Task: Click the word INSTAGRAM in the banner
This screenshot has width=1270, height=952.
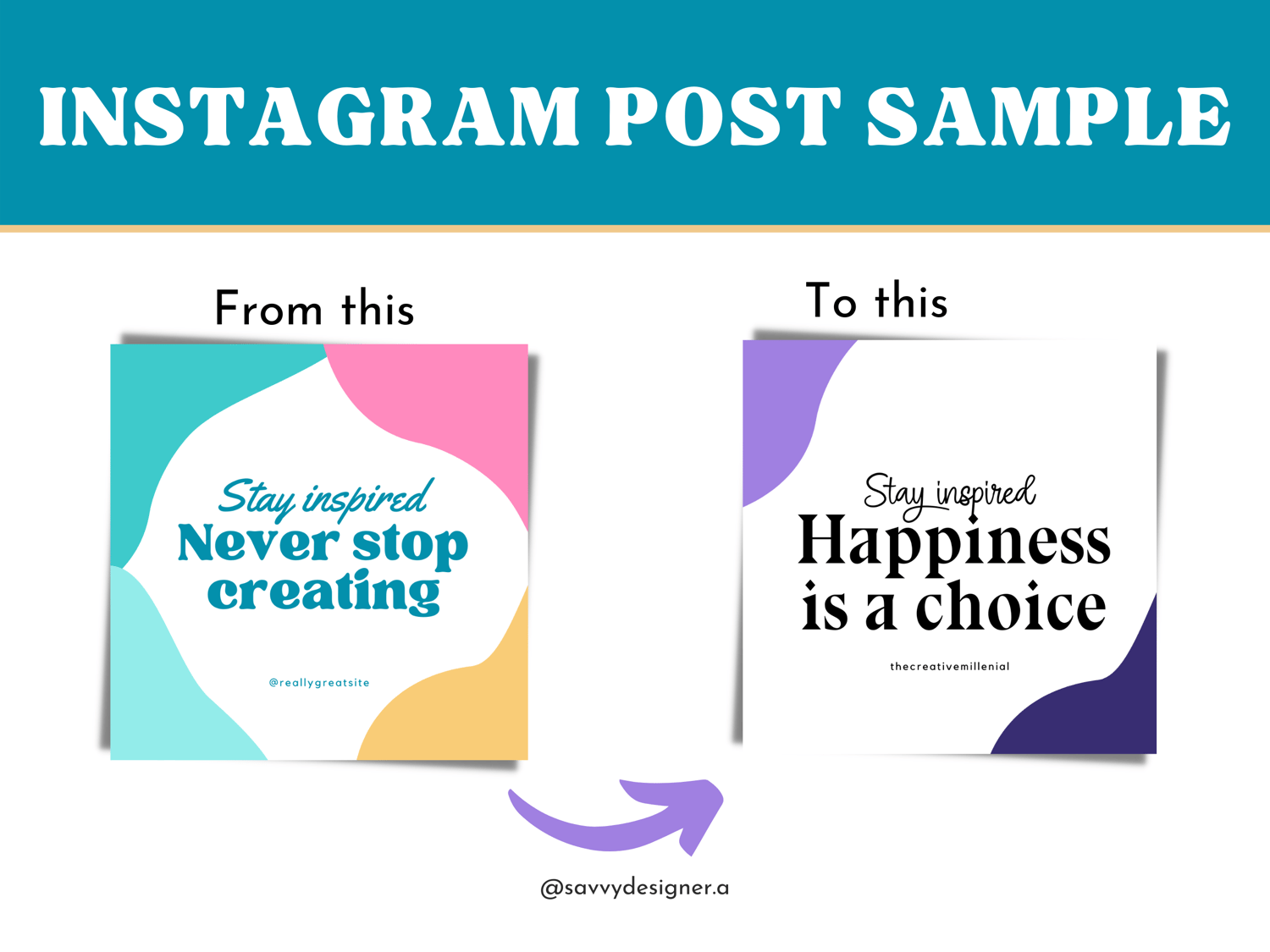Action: pos(309,116)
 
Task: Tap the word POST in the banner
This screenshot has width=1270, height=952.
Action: pos(723,116)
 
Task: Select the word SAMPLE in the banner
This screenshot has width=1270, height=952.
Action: pos(1048,116)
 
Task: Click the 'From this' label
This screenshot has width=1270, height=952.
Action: pos(314,309)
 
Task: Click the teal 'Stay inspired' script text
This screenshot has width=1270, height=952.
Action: pos(325,497)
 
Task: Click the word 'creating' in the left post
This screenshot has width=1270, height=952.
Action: pos(324,592)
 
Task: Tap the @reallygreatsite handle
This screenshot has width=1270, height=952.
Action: pos(319,683)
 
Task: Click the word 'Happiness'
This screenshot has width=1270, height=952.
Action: pos(954,543)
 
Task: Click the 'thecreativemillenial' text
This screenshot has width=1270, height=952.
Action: pos(949,667)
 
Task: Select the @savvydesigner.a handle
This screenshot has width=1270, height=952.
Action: pos(635,888)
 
